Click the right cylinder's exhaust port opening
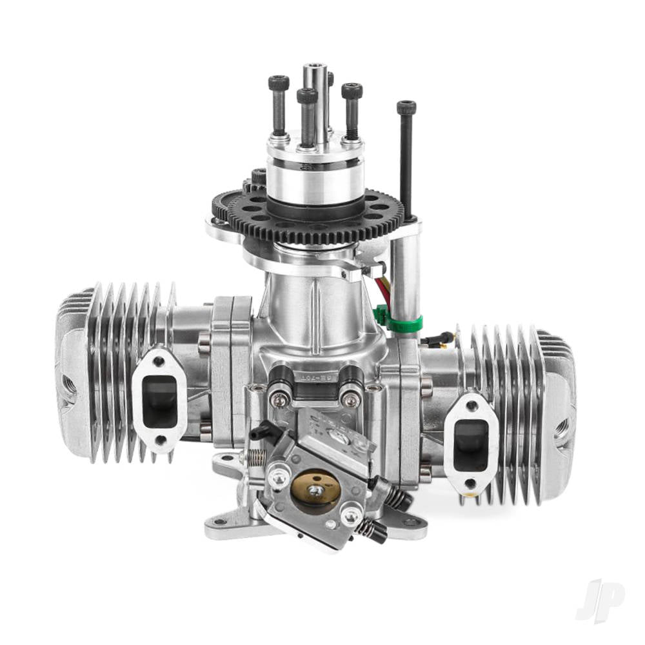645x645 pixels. pos(471,444)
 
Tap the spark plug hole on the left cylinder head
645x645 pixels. pos(67,387)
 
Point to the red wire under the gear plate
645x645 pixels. pos(384,288)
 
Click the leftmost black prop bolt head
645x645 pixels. pos(279,83)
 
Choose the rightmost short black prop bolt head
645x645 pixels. pos(352,91)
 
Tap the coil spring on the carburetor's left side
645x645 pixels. pos(257,457)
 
